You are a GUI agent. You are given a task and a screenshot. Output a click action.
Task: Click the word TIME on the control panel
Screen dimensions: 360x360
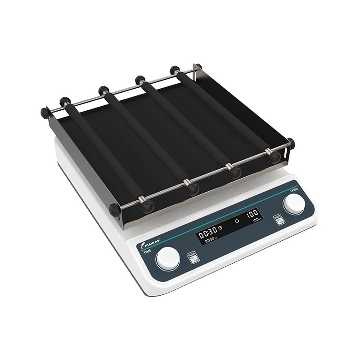pos(147,252)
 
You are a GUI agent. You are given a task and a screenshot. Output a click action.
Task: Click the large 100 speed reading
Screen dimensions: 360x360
pos(251,212)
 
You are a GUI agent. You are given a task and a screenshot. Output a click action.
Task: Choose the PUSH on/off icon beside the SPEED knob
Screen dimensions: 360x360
pos(278,220)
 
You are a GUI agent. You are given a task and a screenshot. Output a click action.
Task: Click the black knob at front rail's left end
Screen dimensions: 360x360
pos(115,209)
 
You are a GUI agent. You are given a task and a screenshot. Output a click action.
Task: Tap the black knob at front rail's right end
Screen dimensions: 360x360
pos(291,144)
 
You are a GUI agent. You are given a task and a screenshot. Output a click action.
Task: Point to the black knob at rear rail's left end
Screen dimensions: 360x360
pos(45,112)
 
